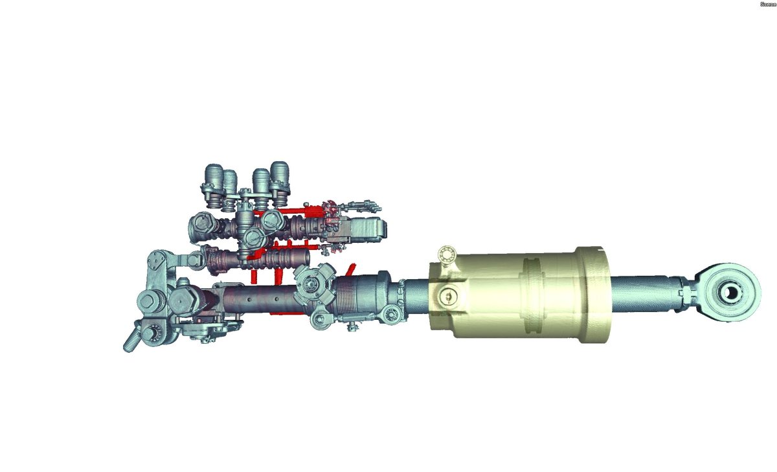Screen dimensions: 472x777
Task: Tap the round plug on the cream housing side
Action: pos(446,297)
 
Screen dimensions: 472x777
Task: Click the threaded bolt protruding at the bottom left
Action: pos(131,342)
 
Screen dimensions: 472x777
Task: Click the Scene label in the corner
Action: pos(768,4)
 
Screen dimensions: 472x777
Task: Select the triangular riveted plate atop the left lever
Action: pos(157,263)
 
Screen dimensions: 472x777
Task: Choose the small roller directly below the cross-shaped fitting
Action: pos(317,319)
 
